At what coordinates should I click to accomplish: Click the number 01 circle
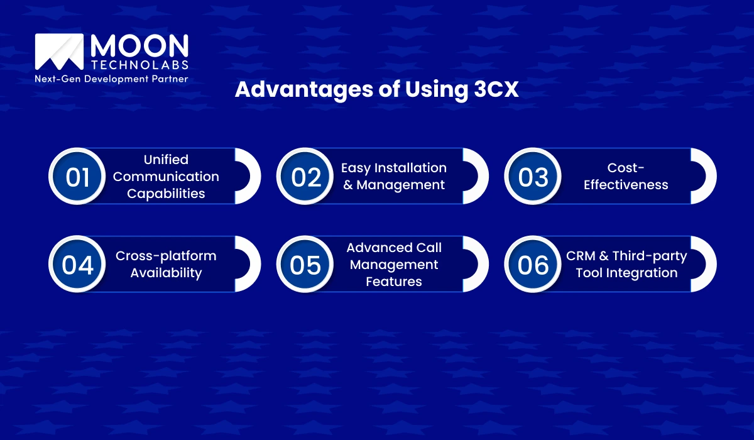coord(78,177)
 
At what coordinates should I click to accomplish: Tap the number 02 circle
coord(306,177)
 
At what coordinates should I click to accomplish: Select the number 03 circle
coord(533,177)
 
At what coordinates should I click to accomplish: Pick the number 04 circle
coord(78,265)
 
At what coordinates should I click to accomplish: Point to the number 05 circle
coord(306,265)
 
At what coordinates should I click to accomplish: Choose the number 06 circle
coord(533,265)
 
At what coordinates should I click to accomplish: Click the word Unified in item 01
coord(166,160)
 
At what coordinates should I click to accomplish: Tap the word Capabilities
coord(166,194)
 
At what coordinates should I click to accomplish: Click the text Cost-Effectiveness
coord(626,177)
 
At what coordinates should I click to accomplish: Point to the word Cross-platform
coord(166,256)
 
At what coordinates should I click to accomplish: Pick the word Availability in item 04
coord(166,273)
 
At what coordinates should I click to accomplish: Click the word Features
coord(394,282)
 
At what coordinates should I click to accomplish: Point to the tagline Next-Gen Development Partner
coord(112,79)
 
